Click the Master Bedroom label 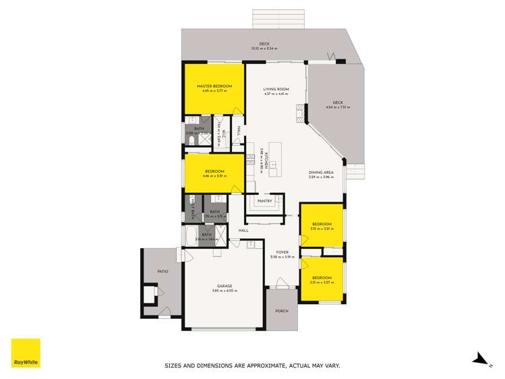[x=214, y=87]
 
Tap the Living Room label [x=276, y=89]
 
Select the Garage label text [x=225, y=286]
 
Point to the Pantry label [x=264, y=201]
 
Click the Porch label [x=282, y=311]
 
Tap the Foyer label [x=283, y=252]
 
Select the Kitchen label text [x=266, y=162]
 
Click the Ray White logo [x=26, y=353]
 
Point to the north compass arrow [x=479, y=359]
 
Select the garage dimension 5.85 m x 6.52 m [x=225, y=291]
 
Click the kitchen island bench [x=274, y=160]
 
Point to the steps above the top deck [x=278, y=19]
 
